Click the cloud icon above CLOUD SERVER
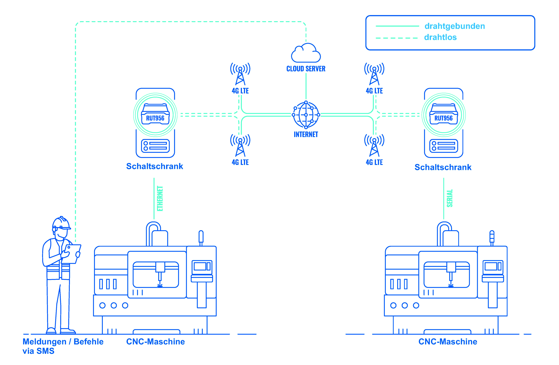coord(306,53)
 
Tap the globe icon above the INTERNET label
coord(306,115)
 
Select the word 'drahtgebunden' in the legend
coord(455,26)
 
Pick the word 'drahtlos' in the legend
coord(440,37)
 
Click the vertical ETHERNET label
coord(160,199)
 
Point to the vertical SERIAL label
coord(450,198)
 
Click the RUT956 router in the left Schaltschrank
coord(155,115)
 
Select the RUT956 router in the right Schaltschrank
coord(443,115)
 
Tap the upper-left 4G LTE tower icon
coord(240,74)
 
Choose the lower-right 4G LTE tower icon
coord(374,145)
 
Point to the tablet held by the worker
coord(73,254)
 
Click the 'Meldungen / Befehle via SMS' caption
coord(63,346)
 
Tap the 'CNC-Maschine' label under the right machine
coord(448,342)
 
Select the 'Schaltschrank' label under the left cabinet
coord(155,166)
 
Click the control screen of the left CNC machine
coord(202,267)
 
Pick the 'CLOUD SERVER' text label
coord(306,69)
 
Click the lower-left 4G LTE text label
coord(240,162)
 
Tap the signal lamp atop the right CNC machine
coord(492,237)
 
